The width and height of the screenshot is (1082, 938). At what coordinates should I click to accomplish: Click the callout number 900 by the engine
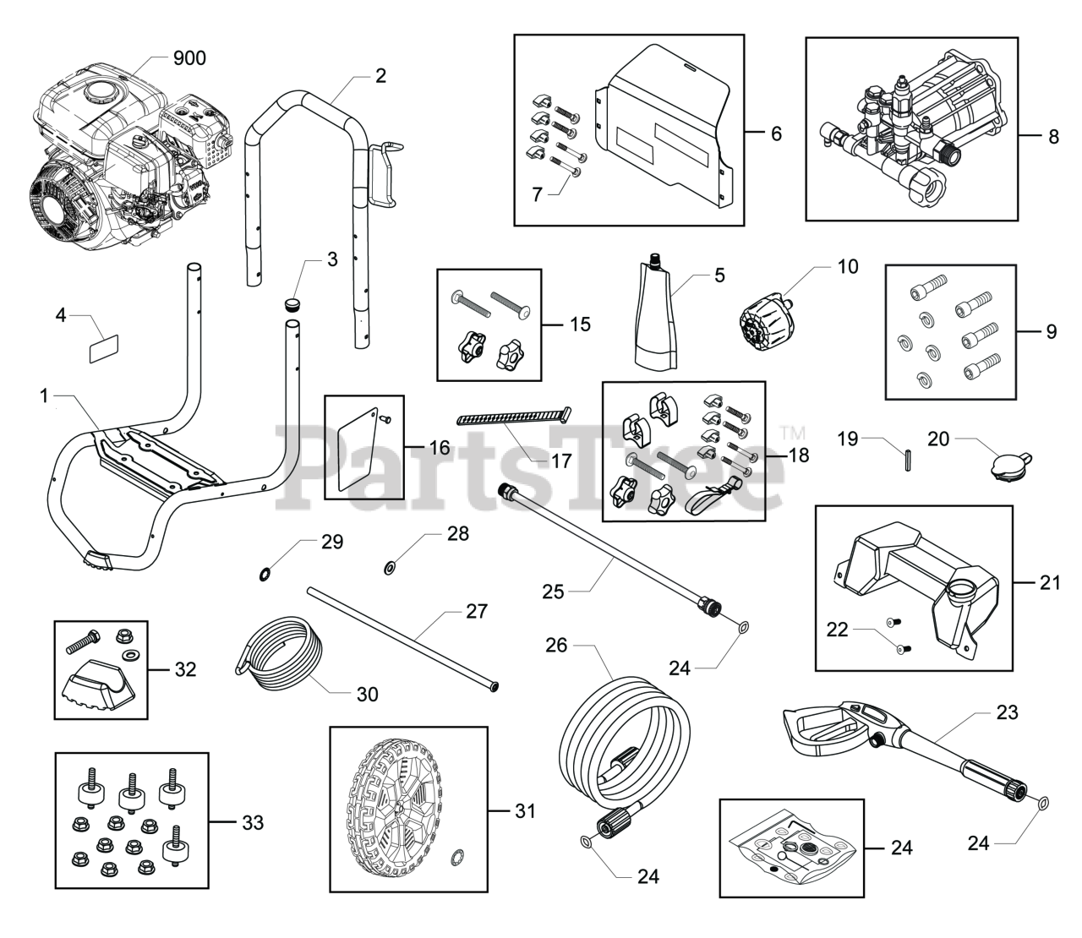tap(189, 58)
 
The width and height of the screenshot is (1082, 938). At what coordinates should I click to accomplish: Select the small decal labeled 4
tap(104, 348)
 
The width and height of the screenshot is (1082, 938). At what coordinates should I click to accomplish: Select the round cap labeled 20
tap(1010, 464)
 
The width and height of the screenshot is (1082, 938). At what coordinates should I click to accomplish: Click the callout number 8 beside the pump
tap(1053, 137)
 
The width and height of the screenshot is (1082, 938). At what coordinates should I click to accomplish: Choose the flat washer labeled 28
tap(390, 567)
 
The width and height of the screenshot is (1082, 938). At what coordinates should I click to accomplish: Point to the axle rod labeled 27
tap(402, 639)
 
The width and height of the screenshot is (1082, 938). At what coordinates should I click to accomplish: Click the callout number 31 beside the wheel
tap(525, 810)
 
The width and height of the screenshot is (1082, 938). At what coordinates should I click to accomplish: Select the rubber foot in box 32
tap(98, 680)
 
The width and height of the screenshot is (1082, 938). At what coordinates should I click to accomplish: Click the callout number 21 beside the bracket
tap(1050, 582)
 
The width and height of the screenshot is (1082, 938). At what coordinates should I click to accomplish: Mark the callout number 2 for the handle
tap(380, 76)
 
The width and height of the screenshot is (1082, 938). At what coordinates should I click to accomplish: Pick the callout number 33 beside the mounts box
tap(253, 823)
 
